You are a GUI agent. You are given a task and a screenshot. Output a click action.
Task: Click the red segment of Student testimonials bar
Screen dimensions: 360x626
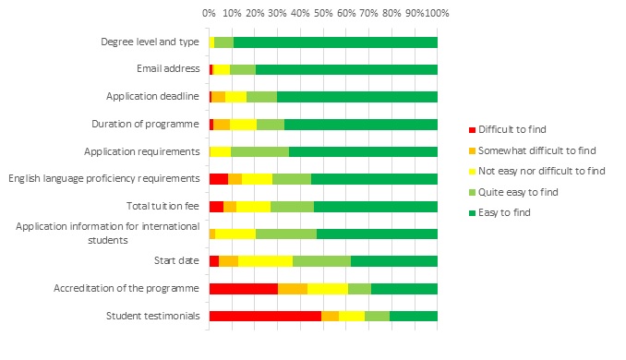pos(265,316)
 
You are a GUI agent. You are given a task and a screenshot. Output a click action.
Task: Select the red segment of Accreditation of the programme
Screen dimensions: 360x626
pos(243,288)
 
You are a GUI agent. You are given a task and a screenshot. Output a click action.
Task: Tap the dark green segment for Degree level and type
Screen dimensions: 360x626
pos(335,42)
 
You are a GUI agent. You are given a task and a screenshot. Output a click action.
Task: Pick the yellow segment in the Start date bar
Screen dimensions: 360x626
pos(265,261)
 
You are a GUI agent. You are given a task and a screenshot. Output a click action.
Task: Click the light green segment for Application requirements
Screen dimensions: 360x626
pos(259,151)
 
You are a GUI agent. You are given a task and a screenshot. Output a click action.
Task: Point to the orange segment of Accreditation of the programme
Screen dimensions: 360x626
pos(293,288)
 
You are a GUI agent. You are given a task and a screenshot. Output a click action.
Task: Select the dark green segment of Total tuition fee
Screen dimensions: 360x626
pos(375,206)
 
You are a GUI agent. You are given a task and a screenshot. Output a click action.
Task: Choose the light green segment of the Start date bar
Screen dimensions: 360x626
pos(321,261)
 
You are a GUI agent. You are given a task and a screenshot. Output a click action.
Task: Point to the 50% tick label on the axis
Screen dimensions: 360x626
pos(322,13)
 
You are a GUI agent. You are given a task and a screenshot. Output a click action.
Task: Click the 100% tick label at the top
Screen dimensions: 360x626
pos(436,13)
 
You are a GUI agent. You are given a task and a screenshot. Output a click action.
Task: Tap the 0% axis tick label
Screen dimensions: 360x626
pos(210,13)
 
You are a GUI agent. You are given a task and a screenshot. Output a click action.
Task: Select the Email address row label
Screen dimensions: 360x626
pos(167,69)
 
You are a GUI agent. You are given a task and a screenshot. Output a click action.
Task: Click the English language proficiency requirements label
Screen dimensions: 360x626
pos(103,178)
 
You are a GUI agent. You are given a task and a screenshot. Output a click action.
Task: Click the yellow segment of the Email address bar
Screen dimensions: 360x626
pos(222,69)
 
